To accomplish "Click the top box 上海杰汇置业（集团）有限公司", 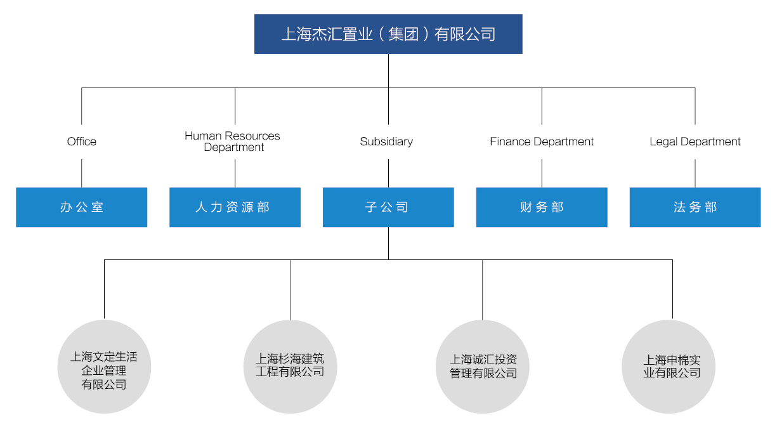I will point(388,34).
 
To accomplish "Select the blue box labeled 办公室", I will point(81,207).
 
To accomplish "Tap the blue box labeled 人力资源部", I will point(235,207).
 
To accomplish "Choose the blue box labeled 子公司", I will point(388,207).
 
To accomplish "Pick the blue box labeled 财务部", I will point(542,207).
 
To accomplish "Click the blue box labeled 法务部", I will point(695,207).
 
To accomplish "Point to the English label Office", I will point(82,141).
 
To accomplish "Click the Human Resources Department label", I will point(233,141).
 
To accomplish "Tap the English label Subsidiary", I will point(386,141).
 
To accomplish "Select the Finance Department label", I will point(542,141).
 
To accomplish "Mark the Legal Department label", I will point(695,141).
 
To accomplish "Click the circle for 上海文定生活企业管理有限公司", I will point(104,368).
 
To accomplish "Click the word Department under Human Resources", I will point(234,148).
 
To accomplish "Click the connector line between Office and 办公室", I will point(82,173).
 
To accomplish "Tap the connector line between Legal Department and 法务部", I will point(695,173).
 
